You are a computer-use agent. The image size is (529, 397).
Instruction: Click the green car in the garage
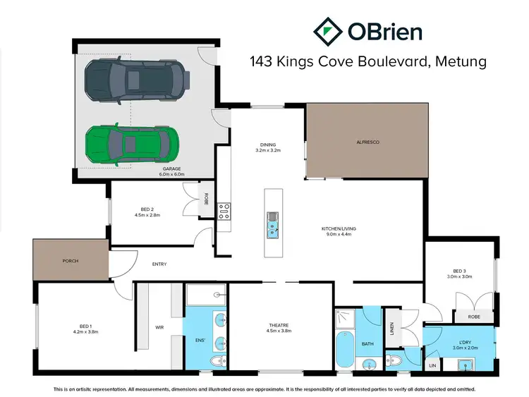[x=133, y=145]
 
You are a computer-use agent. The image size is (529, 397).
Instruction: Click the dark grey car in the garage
[x=137, y=80]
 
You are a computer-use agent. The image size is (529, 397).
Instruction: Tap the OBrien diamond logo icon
[x=328, y=32]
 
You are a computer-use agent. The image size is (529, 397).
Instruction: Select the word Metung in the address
[x=461, y=62]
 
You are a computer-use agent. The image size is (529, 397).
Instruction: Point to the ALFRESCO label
[x=367, y=142]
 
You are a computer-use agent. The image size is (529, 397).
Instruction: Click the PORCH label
[x=71, y=261]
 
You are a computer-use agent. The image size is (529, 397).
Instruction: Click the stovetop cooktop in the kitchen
[x=224, y=211]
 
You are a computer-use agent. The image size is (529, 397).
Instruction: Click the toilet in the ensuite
[x=218, y=361]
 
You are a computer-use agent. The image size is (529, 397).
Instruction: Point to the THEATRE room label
[x=279, y=326]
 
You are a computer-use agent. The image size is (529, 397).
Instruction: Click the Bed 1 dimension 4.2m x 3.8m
[x=85, y=332]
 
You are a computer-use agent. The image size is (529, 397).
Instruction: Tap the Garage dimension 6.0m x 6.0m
[x=171, y=174]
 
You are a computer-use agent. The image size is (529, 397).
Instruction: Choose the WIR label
[x=159, y=327]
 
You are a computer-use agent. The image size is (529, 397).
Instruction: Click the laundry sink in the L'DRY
[x=466, y=365]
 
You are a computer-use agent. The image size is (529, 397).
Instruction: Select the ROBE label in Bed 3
[x=474, y=317]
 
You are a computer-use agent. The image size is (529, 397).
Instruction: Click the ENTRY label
[x=159, y=264]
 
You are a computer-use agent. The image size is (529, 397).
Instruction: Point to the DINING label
[x=268, y=145]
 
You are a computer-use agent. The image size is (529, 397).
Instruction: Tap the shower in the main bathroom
[x=345, y=319]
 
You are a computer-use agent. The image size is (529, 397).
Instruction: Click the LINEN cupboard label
[x=391, y=329]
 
